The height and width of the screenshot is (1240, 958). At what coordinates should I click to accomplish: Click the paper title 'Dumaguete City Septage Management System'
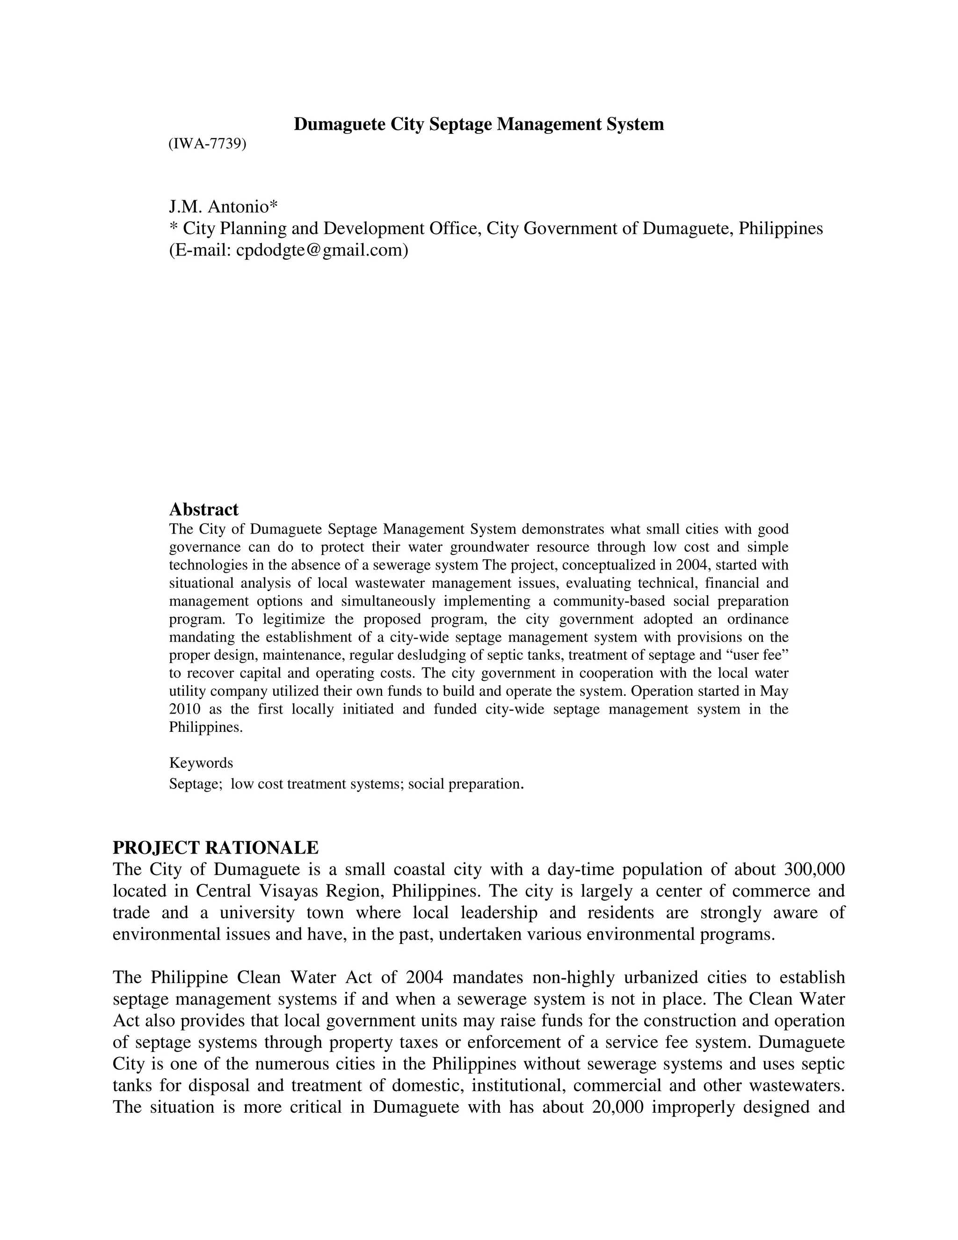pyautogui.click(x=479, y=124)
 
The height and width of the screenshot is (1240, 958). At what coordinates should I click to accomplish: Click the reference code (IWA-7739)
pyautogui.click(x=207, y=144)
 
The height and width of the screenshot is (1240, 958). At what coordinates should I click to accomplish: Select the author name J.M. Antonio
pyautogui.click(x=223, y=206)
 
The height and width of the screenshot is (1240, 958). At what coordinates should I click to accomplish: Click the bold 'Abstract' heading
pyautogui.click(x=204, y=509)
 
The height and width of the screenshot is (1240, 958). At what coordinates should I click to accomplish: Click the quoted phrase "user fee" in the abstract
pyautogui.click(x=757, y=655)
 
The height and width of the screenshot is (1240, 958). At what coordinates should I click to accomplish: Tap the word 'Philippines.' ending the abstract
pyautogui.click(x=205, y=727)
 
